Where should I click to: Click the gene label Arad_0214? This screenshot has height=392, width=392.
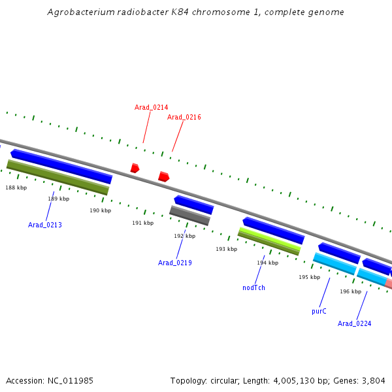pos(151,107)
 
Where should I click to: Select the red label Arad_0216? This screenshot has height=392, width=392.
pos(184,118)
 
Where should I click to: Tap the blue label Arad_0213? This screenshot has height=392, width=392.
pos(45,225)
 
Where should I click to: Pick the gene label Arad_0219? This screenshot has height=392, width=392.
pos(175,263)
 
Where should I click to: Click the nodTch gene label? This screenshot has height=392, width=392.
pos(253,287)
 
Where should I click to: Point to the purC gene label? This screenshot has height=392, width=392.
pos(319,312)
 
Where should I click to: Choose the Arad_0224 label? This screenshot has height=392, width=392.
pos(354,323)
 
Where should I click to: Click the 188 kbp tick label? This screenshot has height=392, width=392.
pos(16,188)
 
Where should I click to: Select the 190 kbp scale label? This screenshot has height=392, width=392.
pos(101,210)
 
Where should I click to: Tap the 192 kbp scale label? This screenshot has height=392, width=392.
pos(184,236)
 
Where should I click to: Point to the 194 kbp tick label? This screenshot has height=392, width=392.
pos(267,263)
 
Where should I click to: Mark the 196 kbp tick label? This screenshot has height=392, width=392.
pos(350,291)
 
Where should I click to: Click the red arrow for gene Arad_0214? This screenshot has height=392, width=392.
pos(135,168)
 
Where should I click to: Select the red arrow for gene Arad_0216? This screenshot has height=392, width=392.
pos(163,176)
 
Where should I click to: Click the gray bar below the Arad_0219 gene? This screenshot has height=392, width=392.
pos(189,216)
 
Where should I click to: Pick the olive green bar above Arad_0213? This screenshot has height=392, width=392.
pos(57,176)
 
